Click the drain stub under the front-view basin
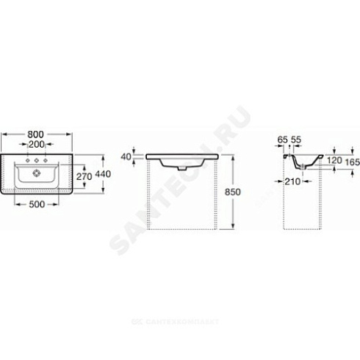pos(182,168)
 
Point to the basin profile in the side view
pos(301,162)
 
